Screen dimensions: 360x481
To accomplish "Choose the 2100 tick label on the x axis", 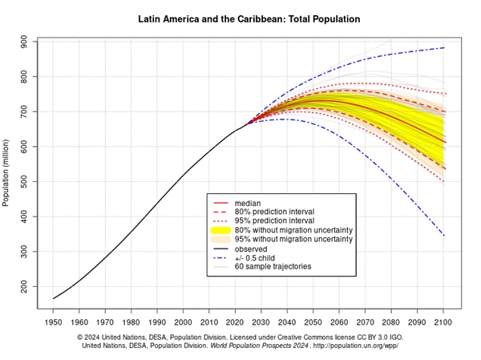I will (x=443, y=322).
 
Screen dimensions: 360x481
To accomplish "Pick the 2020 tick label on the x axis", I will (x=236, y=322).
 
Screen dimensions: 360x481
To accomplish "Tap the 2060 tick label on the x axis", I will (x=339, y=322).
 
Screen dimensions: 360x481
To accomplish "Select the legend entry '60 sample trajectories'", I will (x=273, y=266).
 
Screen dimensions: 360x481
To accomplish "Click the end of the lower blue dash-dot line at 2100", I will (x=443, y=236).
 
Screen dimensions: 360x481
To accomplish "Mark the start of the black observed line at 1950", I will (x=54, y=298).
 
